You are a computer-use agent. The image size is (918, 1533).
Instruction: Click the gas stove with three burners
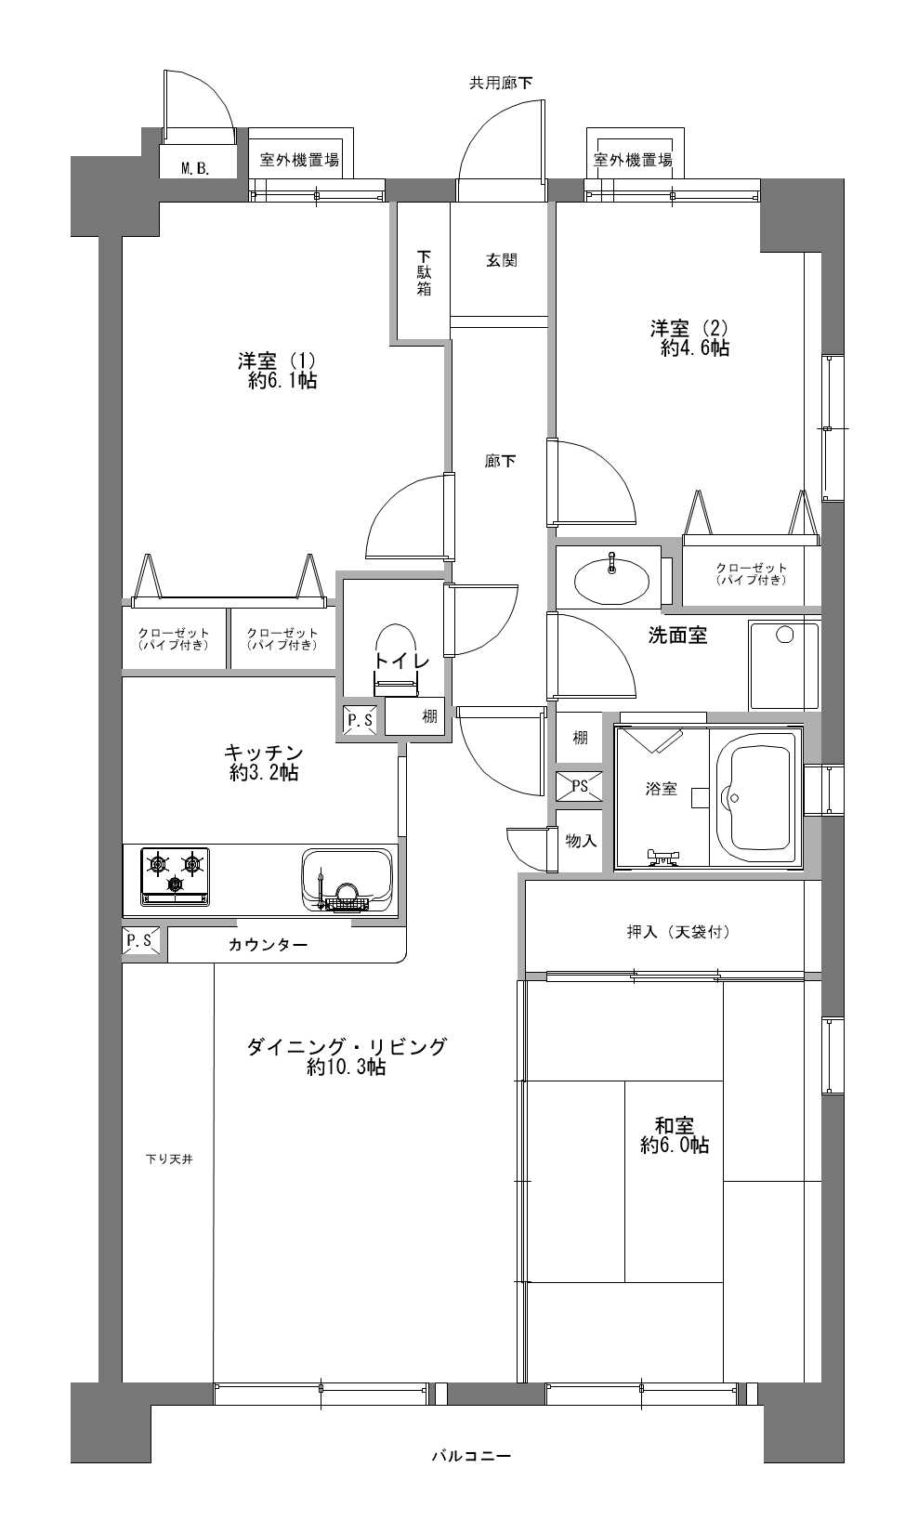[x=175, y=874]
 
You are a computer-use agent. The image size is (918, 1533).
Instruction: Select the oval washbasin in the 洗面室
[x=611, y=581]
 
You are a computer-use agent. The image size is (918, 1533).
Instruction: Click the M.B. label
[x=195, y=168]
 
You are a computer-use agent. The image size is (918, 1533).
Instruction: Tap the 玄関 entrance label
[x=502, y=260]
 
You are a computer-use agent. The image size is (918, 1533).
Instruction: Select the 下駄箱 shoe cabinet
[x=424, y=272]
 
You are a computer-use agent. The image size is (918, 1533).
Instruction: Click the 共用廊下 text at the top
[x=501, y=83]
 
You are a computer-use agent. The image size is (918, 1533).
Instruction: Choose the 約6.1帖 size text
[x=282, y=381]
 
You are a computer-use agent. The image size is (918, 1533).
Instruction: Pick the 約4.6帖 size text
[x=694, y=348]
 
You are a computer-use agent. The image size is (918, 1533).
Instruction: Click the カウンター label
[x=268, y=945]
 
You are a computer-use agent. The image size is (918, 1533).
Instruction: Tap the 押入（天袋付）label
[x=678, y=931]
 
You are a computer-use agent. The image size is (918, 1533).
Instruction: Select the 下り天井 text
[x=168, y=1160]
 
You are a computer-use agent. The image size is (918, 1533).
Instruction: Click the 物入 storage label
[x=581, y=841]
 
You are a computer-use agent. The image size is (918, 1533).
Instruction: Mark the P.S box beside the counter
[x=140, y=941]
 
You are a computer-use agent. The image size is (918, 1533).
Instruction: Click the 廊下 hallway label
[x=501, y=461]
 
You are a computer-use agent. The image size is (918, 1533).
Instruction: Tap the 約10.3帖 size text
[x=346, y=1068]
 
